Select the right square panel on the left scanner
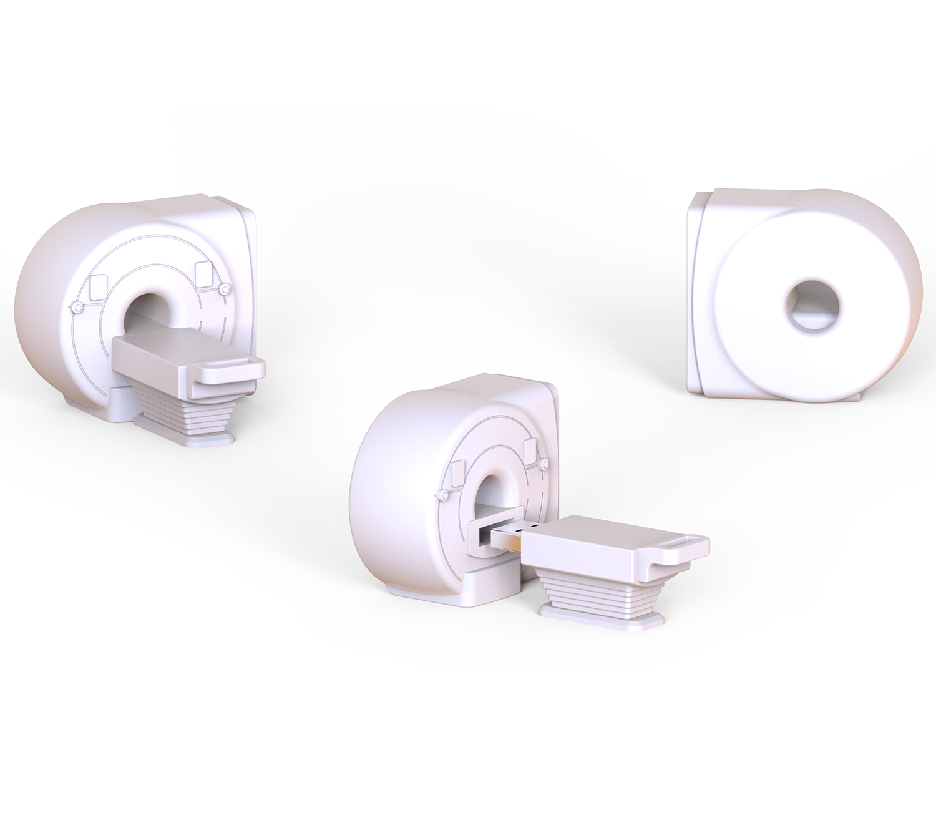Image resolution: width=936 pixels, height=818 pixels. [203, 273]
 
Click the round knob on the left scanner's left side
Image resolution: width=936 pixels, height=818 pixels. [77, 307]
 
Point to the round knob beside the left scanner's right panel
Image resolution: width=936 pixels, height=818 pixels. [223, 291]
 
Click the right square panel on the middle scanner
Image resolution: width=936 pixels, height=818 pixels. [530, 451]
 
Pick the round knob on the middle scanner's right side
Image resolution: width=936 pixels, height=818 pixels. [544, 465]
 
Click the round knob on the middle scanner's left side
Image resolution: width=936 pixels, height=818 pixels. [442, 495]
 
